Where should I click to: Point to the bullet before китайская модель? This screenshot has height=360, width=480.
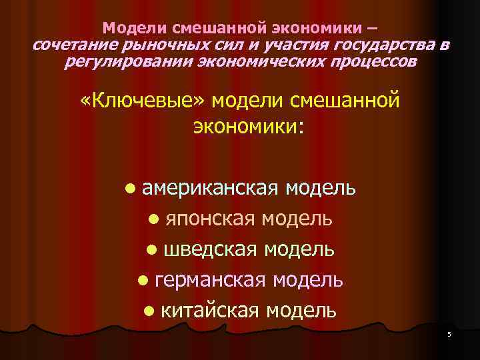point(149,311)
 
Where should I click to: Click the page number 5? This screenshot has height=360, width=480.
point(449,335)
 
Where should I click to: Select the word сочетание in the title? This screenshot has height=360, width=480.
point(75,46)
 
